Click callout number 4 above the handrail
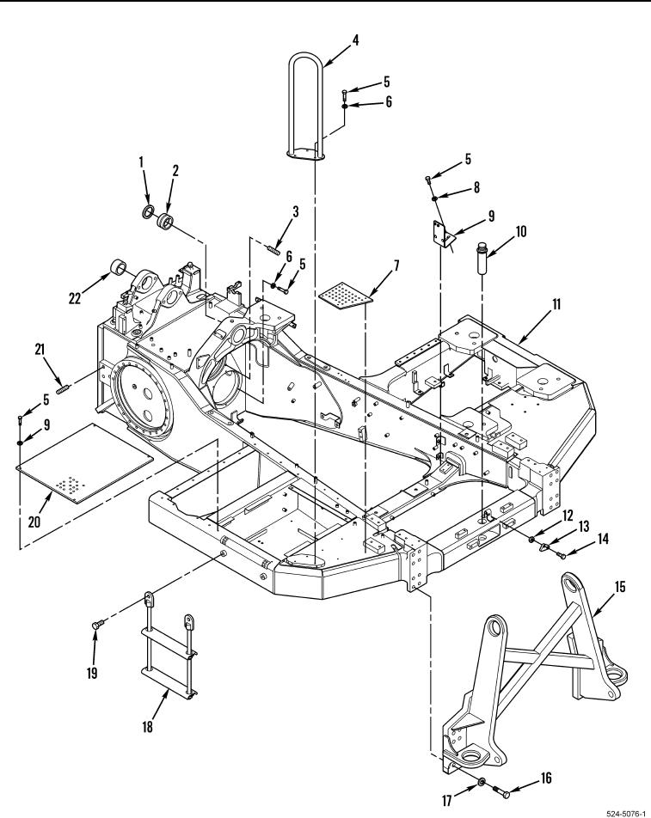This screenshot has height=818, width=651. coord(355,40)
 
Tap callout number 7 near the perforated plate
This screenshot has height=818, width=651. coord(396,266)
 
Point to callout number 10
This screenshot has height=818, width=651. coord(521,231)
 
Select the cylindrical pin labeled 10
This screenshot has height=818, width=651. coord(482,256)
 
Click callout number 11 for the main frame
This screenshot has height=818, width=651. coord(556,303)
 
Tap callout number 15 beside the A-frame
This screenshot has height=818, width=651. coord(620,586)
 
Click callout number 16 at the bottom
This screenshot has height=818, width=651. coord(545,778)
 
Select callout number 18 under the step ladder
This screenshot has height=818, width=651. coord(148,726)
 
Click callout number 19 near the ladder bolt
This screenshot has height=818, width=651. coord(92,673)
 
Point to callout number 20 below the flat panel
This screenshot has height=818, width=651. coord(34,522)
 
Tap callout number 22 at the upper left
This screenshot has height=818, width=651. coord(75,298)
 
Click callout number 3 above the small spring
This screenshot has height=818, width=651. coord(296,211)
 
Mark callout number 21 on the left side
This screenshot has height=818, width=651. coord(40,350)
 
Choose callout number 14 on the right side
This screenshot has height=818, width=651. coord(603,538)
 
